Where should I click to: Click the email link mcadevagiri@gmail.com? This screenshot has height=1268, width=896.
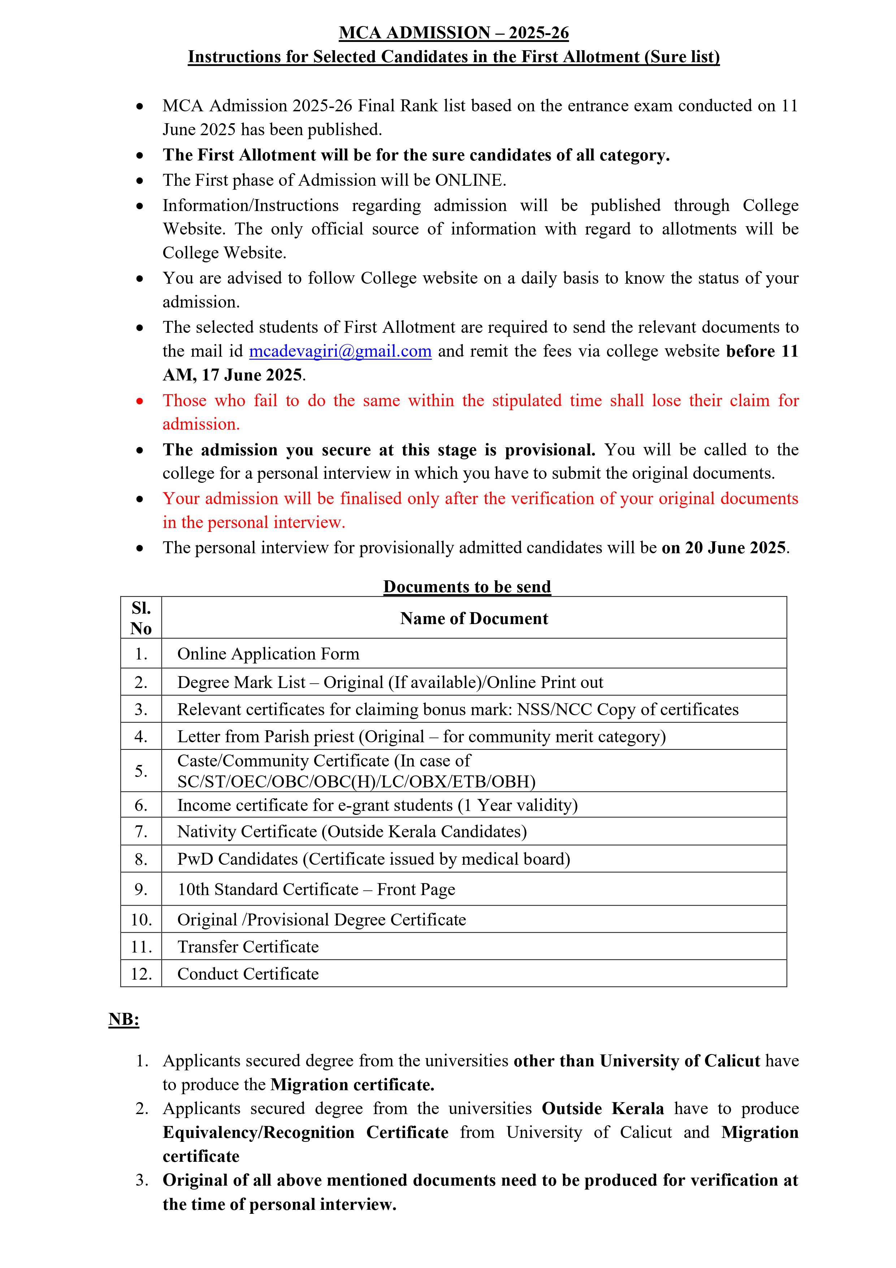click(x=340, y=351)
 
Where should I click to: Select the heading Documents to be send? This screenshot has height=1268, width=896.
click(x=467, y=586)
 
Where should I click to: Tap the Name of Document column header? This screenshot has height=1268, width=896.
click(x=474, y=619)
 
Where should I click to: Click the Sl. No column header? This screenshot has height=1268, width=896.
click(x=141, y=619)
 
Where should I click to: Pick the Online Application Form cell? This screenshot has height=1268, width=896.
click(x=268, y=654)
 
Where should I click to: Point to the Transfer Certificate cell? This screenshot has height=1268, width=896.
click(x=248, y=947)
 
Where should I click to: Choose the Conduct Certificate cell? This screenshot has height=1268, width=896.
click(x=248, y=973)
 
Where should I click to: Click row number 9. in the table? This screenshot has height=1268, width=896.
click(x=141, y=889)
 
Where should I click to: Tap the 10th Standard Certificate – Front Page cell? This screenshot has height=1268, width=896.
click(x=316, y=889)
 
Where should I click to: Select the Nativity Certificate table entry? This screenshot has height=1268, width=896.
click(x=352, y=832)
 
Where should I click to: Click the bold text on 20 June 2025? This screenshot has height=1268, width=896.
click(x=724, y=548)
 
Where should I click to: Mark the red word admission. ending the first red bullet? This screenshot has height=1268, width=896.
click(x=201, y=424)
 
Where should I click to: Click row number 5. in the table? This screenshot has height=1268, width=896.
click(x=141, y=771)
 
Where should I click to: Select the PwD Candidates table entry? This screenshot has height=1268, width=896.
click(x=373, y=859)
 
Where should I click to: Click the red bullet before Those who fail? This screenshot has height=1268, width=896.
click(x=140, y=401)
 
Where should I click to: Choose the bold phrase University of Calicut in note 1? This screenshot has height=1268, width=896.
click(x=680, y=1061)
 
